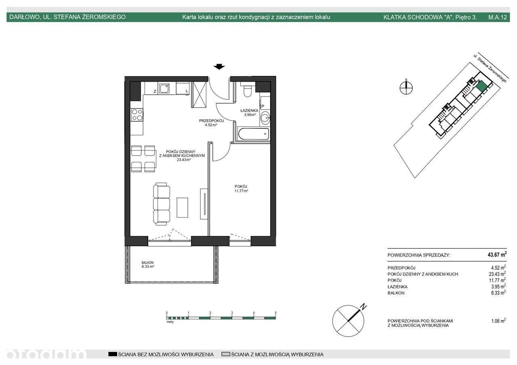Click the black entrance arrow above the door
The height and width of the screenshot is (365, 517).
click(219, 67)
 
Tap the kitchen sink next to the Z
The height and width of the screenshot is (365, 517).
click(164, 88)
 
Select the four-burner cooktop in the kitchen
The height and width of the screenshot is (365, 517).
click(137, 115)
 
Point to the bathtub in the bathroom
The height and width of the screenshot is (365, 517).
click(254, 134)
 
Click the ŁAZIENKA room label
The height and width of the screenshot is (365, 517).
click(249, 111)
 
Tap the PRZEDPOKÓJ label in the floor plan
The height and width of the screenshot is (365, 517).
click(211, 121)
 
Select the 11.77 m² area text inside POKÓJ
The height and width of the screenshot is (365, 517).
click(241, 191)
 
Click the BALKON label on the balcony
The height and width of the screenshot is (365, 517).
click(147, 262)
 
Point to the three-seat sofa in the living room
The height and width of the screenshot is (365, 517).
click(162, 204)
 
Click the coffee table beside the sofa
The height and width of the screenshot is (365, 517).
click(182, 208)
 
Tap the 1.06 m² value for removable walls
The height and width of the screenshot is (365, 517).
click(498, 321)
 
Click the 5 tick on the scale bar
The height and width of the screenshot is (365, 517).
click(275, 313)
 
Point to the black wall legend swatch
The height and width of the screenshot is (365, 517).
click(113, 354)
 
